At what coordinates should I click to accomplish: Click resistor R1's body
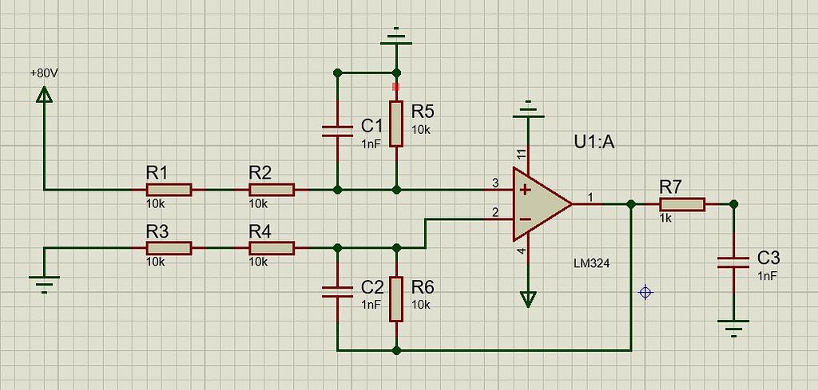point(169,190)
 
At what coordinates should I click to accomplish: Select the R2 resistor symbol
point(272,190)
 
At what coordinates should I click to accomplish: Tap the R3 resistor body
point(169,248)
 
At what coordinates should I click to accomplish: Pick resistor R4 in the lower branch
point(272,248)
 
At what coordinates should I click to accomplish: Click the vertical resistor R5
point(396,124)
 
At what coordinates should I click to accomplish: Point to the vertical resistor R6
point(396,298)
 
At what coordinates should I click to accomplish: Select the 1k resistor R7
point(681,204)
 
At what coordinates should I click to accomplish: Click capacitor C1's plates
point(337,131)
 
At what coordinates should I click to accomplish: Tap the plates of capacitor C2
point(337,292)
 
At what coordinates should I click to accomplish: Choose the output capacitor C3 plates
point(734,262)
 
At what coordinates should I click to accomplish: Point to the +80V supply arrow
point(45,94)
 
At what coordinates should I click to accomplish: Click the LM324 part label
point(592,262)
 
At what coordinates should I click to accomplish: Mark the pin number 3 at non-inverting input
point(495,183)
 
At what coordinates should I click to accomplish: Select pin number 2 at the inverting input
point(495,212)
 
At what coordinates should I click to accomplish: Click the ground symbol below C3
point(733,325)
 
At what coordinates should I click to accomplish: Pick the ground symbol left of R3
point(45,281)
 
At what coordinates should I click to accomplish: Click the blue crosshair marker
point(645,293)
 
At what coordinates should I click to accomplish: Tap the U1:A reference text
point(595,143)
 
